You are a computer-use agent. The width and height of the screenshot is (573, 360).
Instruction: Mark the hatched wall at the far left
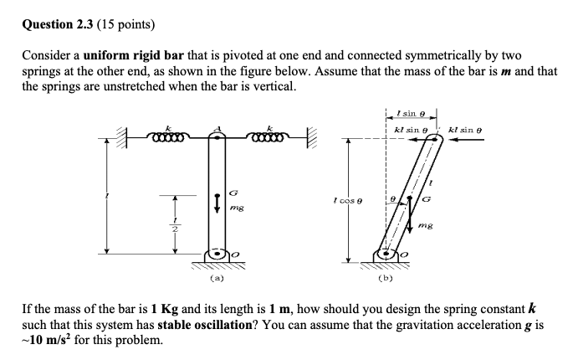coord(128,134)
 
